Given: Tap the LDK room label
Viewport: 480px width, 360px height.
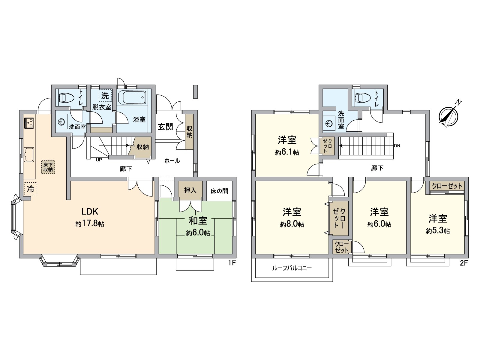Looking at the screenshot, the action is pos(90,211).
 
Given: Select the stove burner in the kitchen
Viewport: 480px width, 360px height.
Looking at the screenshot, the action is pos(29,123).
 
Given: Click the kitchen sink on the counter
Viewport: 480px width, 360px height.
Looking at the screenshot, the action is pos(29,154).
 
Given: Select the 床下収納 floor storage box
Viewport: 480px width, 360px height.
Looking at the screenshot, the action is pos(48,167).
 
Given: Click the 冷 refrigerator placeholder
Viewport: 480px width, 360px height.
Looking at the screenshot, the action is pos(31,189).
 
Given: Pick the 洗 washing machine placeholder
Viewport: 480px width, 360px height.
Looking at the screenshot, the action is pos(105,95).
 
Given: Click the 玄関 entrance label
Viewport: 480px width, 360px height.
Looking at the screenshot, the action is pos(166,127).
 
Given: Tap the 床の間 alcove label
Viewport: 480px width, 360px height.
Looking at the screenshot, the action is pos(219,191).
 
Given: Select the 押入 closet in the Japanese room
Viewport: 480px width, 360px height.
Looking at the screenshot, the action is pos(190,190).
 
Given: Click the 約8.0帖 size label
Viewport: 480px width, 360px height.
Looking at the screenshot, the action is pos(292,224).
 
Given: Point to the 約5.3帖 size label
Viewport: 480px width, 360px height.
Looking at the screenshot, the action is pos(438,231).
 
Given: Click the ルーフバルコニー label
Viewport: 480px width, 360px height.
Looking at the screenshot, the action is pos(292,268).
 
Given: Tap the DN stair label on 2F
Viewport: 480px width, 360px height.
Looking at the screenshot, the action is pos(397,146).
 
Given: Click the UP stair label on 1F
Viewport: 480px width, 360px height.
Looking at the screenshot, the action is pos(99,160).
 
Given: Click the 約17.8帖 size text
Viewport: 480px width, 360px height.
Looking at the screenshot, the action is pos(90,224).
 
